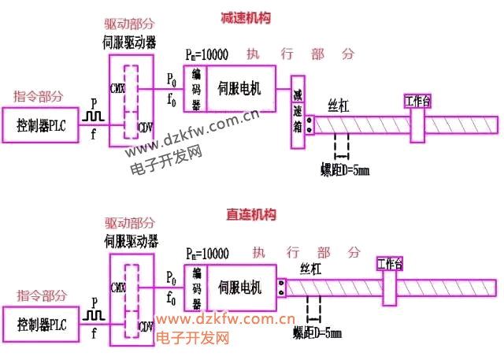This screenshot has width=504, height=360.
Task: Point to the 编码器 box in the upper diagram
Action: click(195, 88)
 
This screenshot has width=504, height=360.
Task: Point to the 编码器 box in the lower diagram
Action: click(196, 288)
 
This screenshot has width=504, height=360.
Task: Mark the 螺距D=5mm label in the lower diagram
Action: click(317, 334)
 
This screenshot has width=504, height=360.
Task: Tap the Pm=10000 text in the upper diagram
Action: click(206, 54)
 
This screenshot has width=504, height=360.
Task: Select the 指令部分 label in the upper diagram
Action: click(40, 96)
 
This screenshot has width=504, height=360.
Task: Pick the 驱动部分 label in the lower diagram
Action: click(131, 224)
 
